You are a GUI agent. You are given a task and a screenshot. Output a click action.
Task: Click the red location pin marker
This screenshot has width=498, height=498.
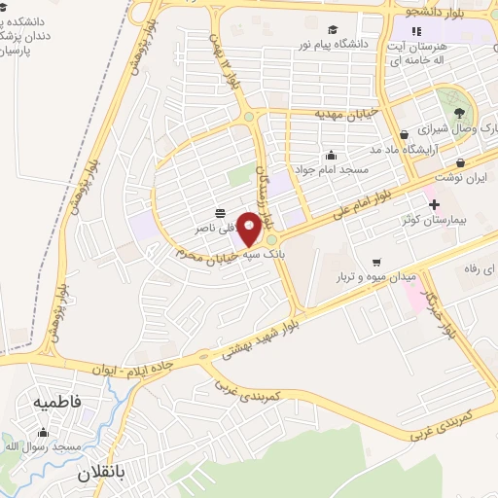pyautogui.click(x=250, y=229)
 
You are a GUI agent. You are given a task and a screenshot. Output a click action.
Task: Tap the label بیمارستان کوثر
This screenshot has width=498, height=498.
pyautogui.click(x=437, y=220)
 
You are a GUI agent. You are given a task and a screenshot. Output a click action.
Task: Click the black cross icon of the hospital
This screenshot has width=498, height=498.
pyautogui.click(x=434, y=205)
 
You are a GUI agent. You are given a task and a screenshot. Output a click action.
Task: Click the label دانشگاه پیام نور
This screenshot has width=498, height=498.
pyautogui.click(x=337, y=44)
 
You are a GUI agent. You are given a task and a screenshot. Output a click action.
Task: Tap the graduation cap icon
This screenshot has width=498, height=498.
pyautogui.click(x=332, y=30)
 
